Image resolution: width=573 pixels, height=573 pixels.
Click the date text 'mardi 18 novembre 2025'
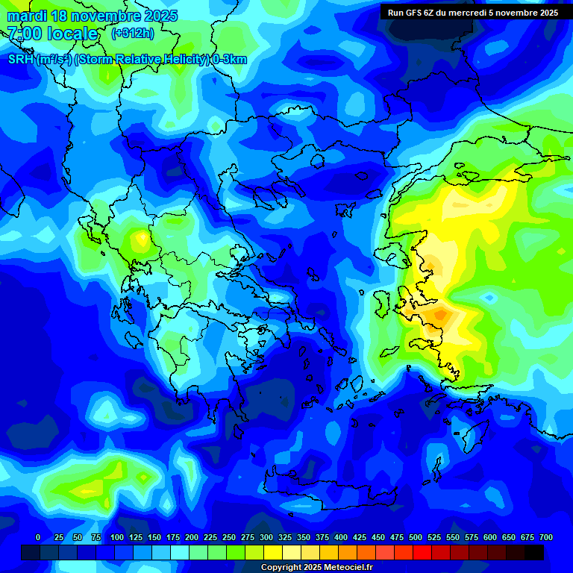tap(93, 16)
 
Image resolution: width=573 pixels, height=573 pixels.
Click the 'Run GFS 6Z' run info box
tap(473, 13)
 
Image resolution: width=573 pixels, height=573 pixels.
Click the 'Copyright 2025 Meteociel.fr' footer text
tap(316, 568)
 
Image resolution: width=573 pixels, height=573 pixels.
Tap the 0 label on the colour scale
tap(38, 538)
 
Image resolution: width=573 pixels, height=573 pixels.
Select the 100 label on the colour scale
tap(116, 538)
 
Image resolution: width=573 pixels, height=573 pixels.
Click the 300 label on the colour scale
tap(266, 538)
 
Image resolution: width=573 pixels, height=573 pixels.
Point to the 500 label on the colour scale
tap(416, 538)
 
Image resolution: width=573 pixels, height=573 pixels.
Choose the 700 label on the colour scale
tap(545, 538)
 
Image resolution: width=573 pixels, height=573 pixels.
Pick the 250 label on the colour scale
tap(229, 538)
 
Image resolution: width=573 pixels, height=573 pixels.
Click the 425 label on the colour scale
tap(360, 538)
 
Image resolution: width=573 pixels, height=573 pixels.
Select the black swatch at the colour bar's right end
tap(534, 552)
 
